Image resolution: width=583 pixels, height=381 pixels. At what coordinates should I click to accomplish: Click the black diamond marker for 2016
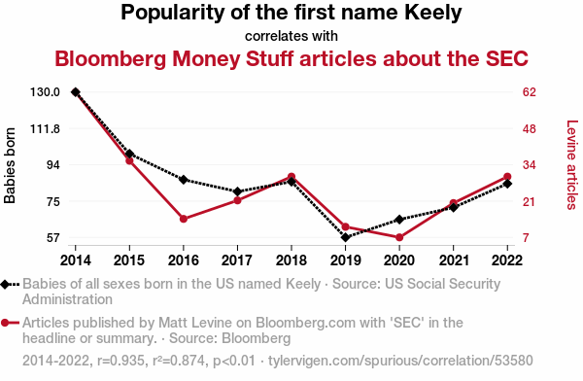(184, 180)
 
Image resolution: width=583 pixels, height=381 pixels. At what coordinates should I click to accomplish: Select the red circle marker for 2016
(184, 219)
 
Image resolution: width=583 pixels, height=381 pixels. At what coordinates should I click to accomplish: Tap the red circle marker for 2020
(399, 237)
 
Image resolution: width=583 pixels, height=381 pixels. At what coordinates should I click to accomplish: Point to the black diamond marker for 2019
(345, 237)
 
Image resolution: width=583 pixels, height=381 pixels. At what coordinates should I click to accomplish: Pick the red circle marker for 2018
(291, 177)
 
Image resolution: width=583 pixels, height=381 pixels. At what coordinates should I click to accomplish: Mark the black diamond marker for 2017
(237, 191)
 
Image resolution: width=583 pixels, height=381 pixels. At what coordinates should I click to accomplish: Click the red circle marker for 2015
(129, 160)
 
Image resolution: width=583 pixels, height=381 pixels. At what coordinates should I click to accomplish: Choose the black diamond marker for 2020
(399, 220)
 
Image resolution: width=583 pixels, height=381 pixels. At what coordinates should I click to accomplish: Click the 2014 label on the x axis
(76, 260)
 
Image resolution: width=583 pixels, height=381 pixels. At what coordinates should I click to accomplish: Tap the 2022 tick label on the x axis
(507, 260)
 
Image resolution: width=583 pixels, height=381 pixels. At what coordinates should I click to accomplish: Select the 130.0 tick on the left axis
(45, 92)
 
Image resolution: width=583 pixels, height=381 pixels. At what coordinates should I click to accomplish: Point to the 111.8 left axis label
(45, 129)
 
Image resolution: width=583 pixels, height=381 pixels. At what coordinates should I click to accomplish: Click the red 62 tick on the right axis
(530, 92)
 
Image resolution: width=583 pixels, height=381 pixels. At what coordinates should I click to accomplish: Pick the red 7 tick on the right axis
(526, 237)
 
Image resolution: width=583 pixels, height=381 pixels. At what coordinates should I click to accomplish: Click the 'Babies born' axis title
(10, 165)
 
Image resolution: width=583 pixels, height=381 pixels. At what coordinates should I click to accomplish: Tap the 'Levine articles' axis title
(572, 164)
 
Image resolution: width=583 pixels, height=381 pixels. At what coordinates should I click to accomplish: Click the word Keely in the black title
(433, 13)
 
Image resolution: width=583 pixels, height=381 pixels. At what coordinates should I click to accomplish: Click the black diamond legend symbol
(5, 285)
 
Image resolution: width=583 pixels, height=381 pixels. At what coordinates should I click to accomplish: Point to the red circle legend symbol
(5, 323)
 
